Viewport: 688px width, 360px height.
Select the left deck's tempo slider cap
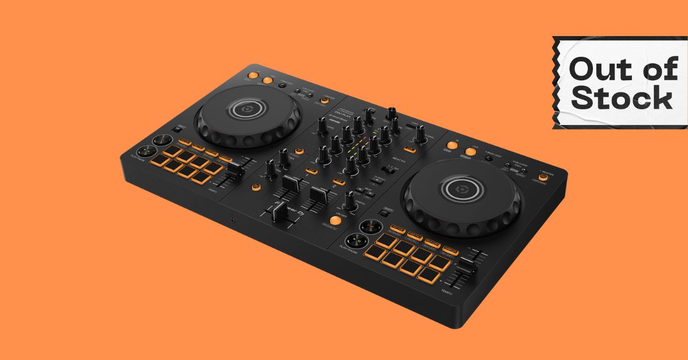coord(234,170)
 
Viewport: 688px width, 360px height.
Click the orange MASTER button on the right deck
coord(542,178)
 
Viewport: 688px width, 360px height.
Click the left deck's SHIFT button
coord(181,128)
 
